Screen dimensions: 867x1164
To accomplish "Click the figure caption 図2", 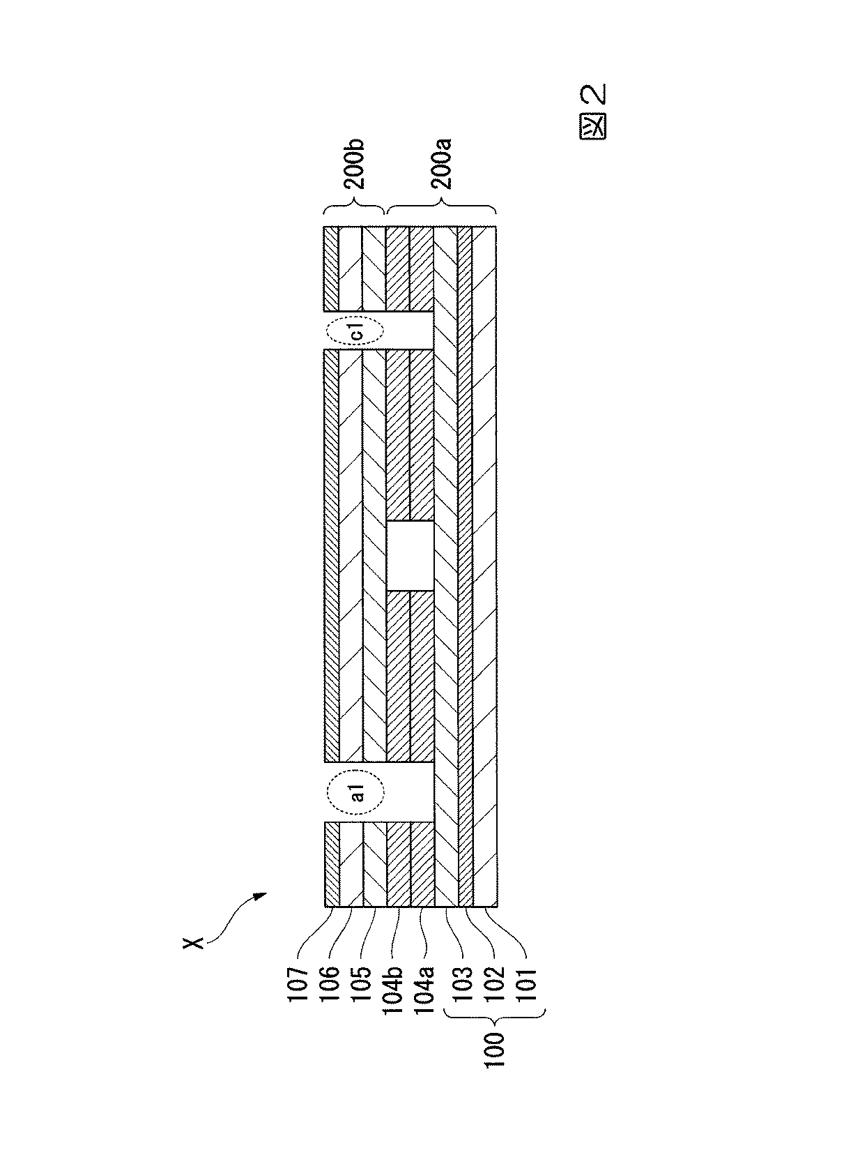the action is point(593,111).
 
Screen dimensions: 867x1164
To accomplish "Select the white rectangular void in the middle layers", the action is point(410,556).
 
